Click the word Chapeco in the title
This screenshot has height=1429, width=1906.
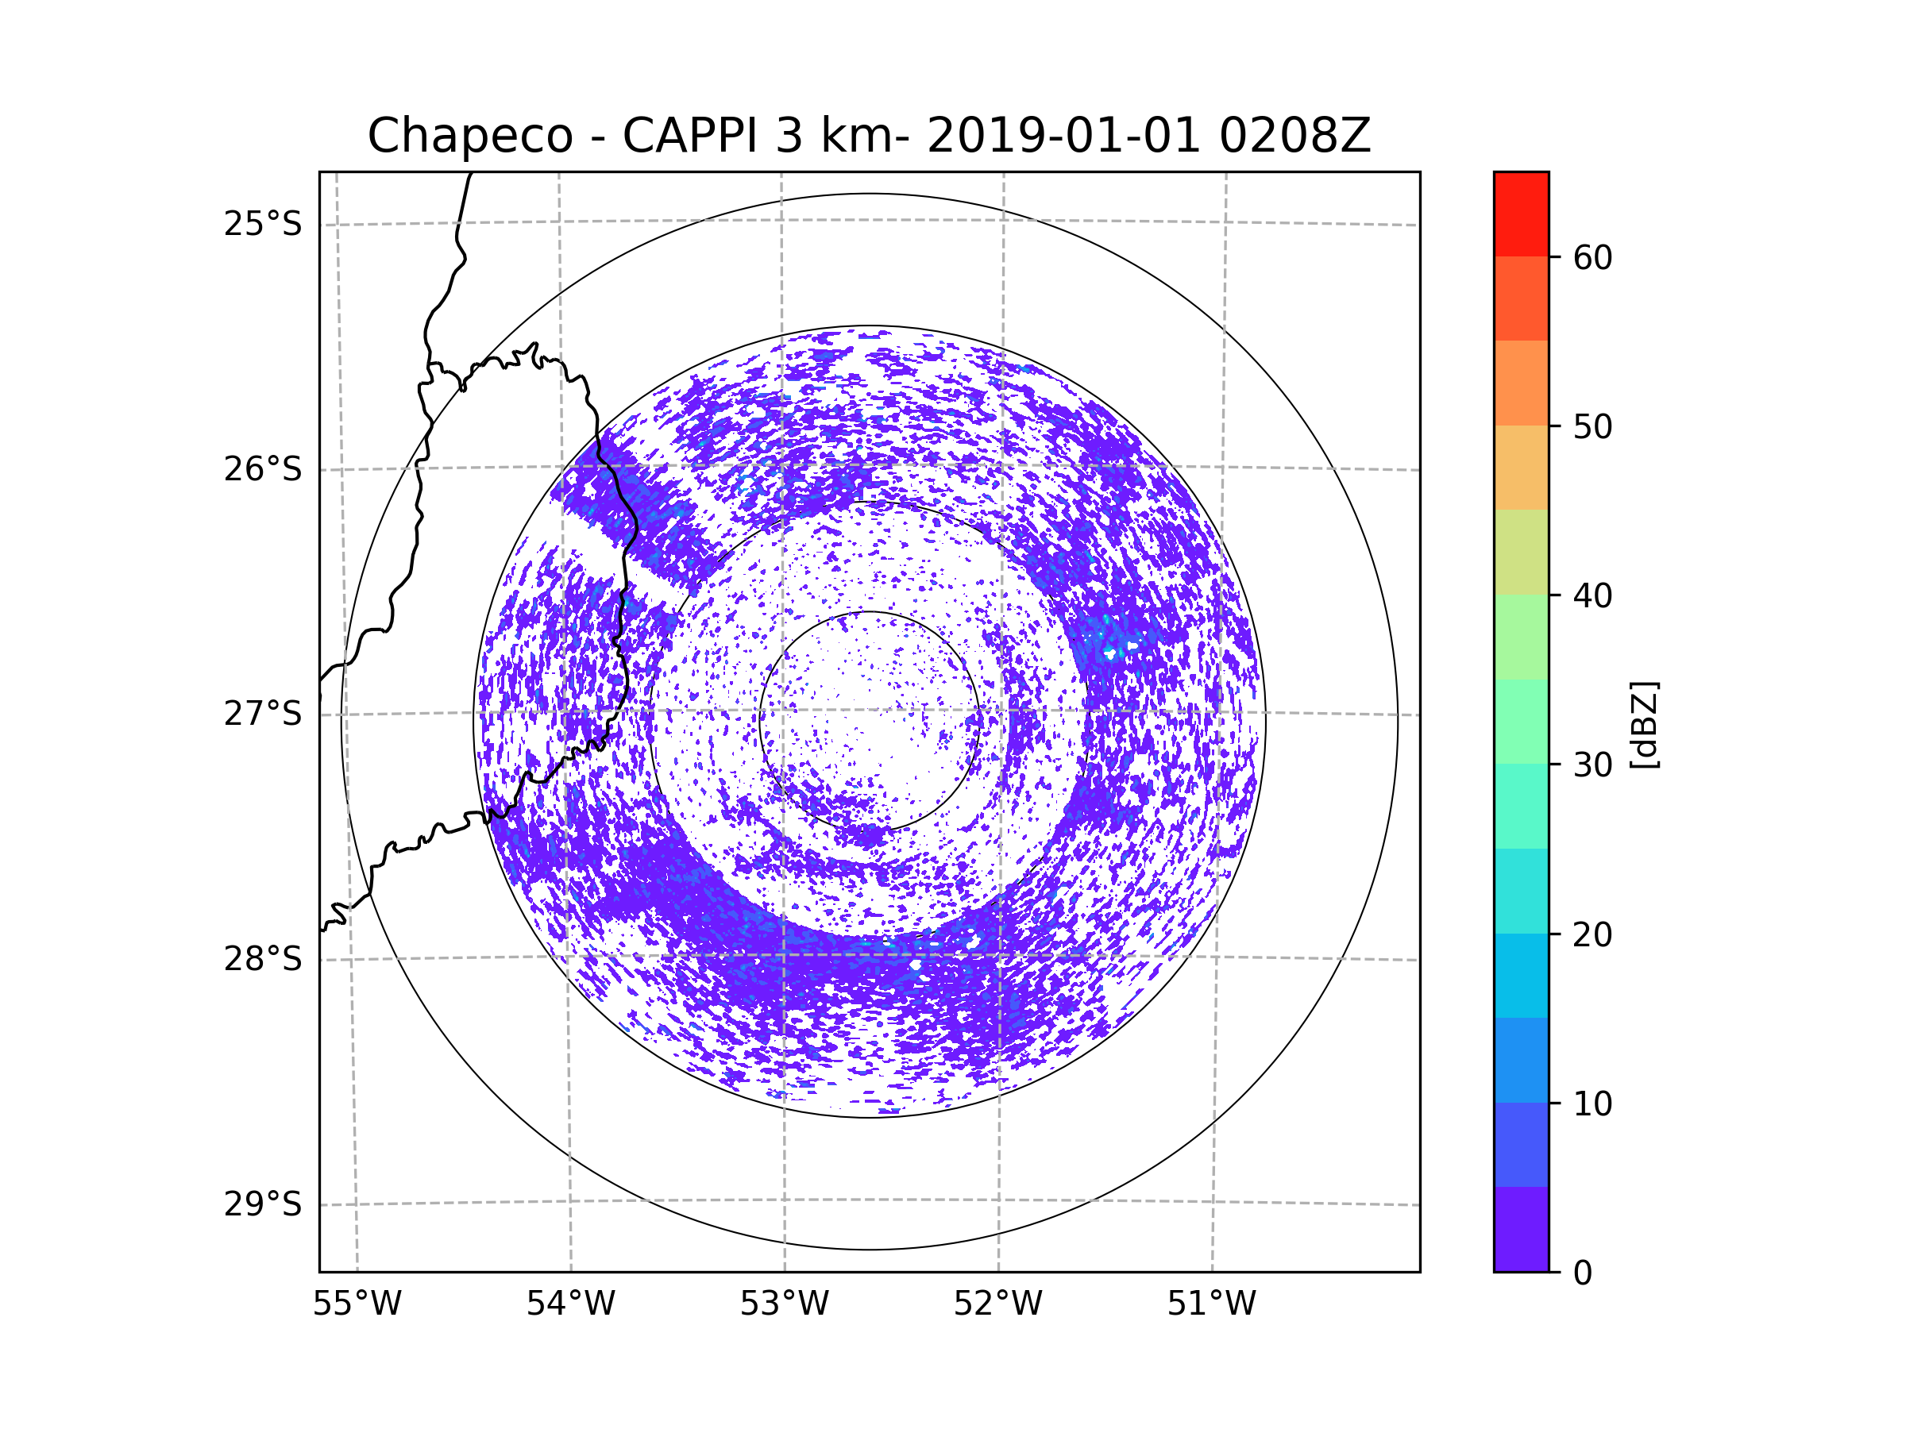pos(469,136)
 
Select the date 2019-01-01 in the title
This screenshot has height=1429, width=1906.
pos(1063,136)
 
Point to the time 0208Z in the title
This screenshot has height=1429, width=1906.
pos(1294,136)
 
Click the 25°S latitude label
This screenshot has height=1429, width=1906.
pos(263,224)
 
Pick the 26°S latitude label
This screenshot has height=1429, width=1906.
pos(263,469)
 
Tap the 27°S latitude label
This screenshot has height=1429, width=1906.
pos(263,714)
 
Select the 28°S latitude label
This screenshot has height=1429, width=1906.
pos(263,959)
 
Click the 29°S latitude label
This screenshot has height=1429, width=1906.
pos(263,1204)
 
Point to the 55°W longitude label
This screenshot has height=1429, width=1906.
pos(357,1304)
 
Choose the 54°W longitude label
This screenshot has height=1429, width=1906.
pos(570,1304)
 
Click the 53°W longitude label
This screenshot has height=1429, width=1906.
pos(784,1304)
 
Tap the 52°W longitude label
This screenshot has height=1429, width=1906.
pos(997,1304)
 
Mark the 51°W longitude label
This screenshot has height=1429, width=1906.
pos(1211,1304)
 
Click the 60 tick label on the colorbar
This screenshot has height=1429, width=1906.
pos(1592,257)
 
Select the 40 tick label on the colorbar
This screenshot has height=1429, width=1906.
pos(1592,595)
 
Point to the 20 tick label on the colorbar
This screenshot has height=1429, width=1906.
pos(1592,934)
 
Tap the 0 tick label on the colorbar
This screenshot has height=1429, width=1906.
pos(1583,1273)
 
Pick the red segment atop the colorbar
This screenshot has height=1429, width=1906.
pos(1521,214)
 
